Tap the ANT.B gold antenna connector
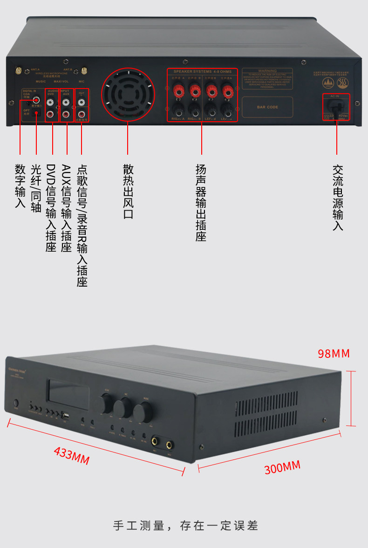(x=84, y=71)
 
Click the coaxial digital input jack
(x=35, y=99)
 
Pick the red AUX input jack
(x=66, y=113)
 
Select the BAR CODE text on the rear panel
(x=267, y=107)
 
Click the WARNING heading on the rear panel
(x=267, y=71)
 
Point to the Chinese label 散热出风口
(x=128, y=191)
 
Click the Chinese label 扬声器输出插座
(x=201, y=202)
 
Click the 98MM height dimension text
(x=333, y=354)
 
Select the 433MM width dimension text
(x=72, y=455)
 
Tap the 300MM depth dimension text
(x=282, y=466)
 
